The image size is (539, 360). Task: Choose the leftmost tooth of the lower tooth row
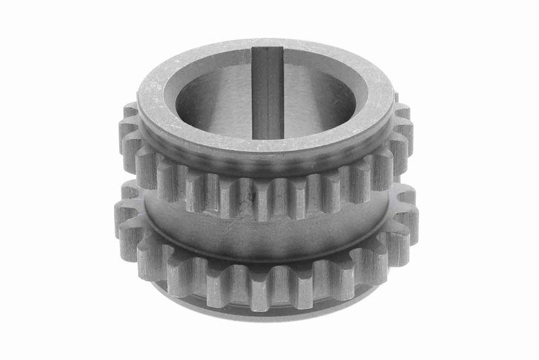[125, 216]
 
